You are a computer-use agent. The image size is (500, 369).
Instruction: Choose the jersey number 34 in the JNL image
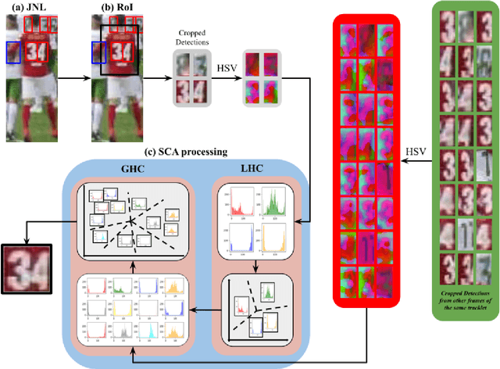coord(37,52)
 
